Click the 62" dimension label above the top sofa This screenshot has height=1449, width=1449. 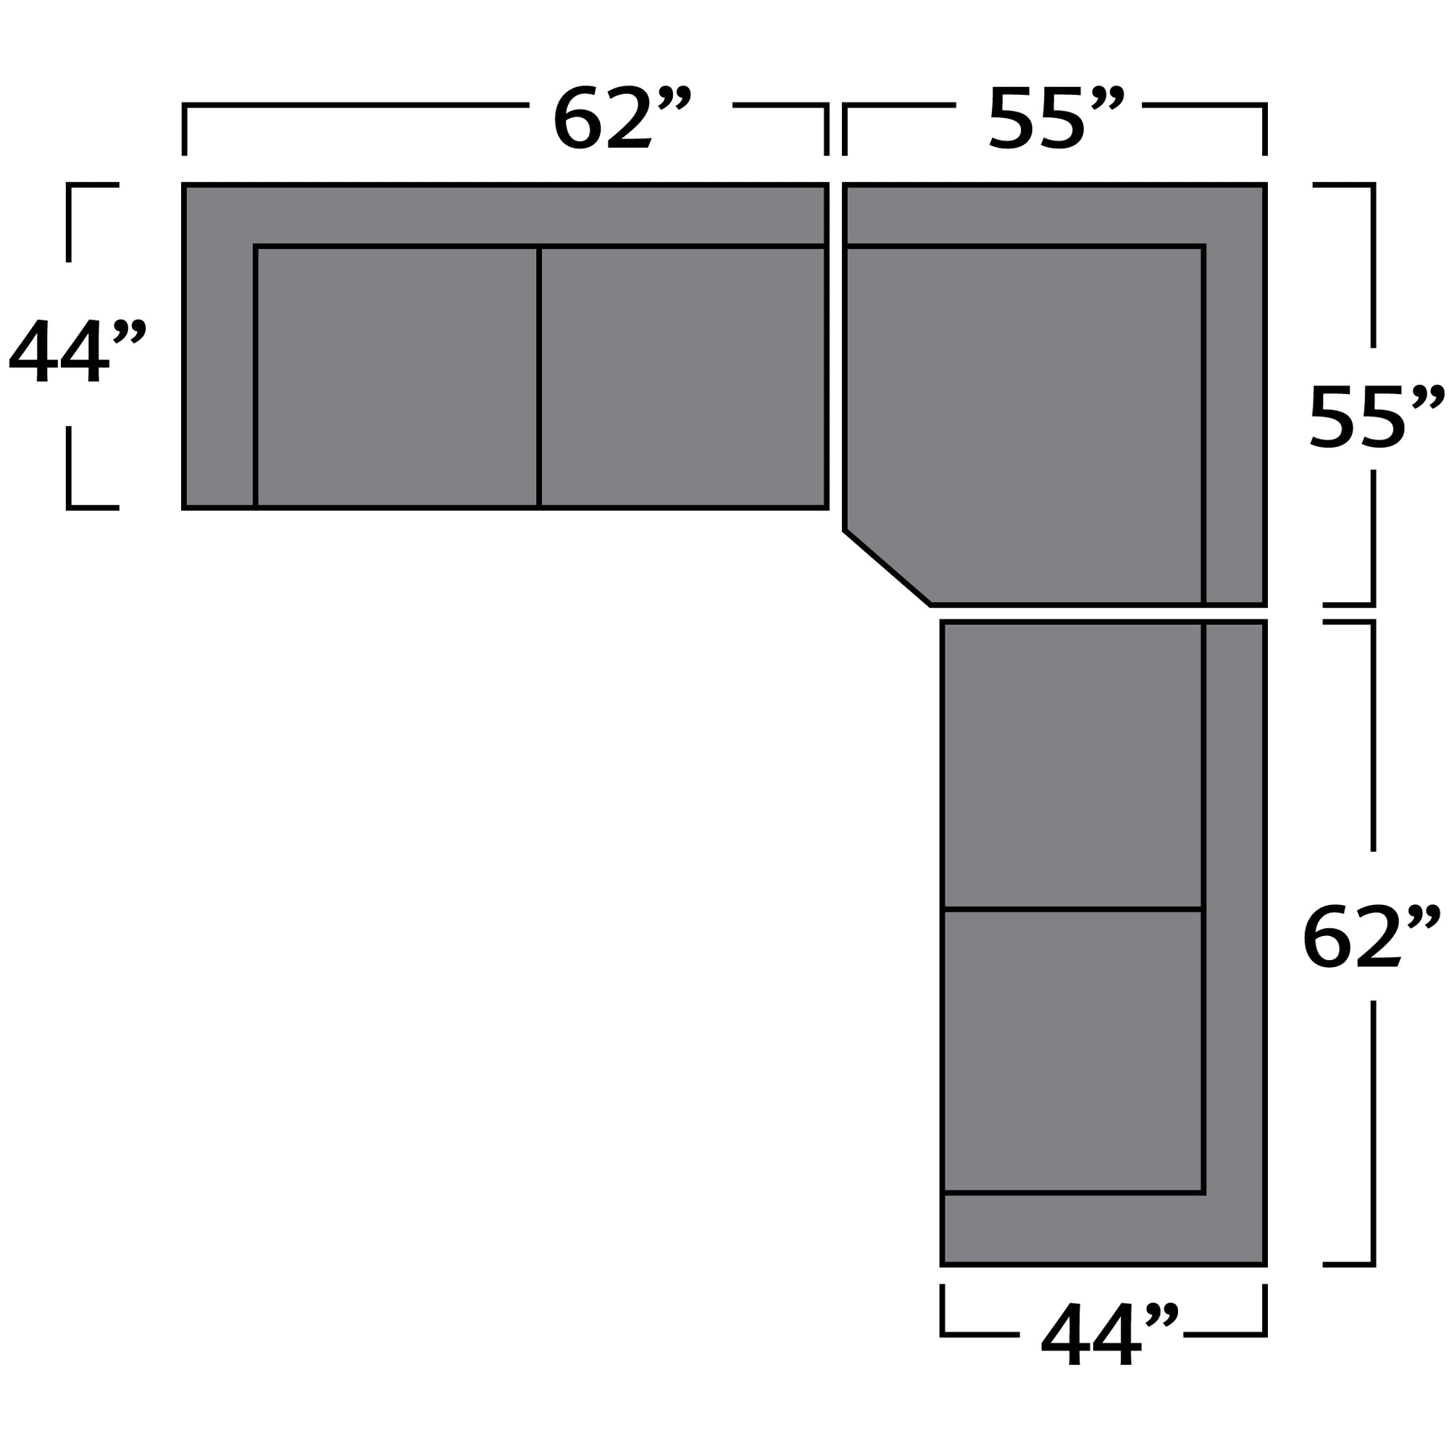coord(621,119)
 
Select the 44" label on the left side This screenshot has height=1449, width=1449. coord(77,349)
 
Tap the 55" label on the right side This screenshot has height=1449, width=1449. coord(1375,419)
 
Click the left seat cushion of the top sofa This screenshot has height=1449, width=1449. coord(397,377)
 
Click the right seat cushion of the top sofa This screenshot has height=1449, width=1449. coord(682,377)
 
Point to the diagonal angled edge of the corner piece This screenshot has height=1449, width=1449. coord(888,568)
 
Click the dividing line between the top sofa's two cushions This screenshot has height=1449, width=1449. coord(538,377)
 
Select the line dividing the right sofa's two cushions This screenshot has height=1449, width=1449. coord(1072,910)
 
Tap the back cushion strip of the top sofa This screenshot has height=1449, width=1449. coord(525,215)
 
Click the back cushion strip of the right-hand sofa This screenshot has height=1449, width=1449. coord(1235,900)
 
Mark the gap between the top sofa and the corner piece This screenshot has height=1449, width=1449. coord(835,345)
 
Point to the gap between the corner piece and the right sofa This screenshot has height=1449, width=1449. coord(1103,614)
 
